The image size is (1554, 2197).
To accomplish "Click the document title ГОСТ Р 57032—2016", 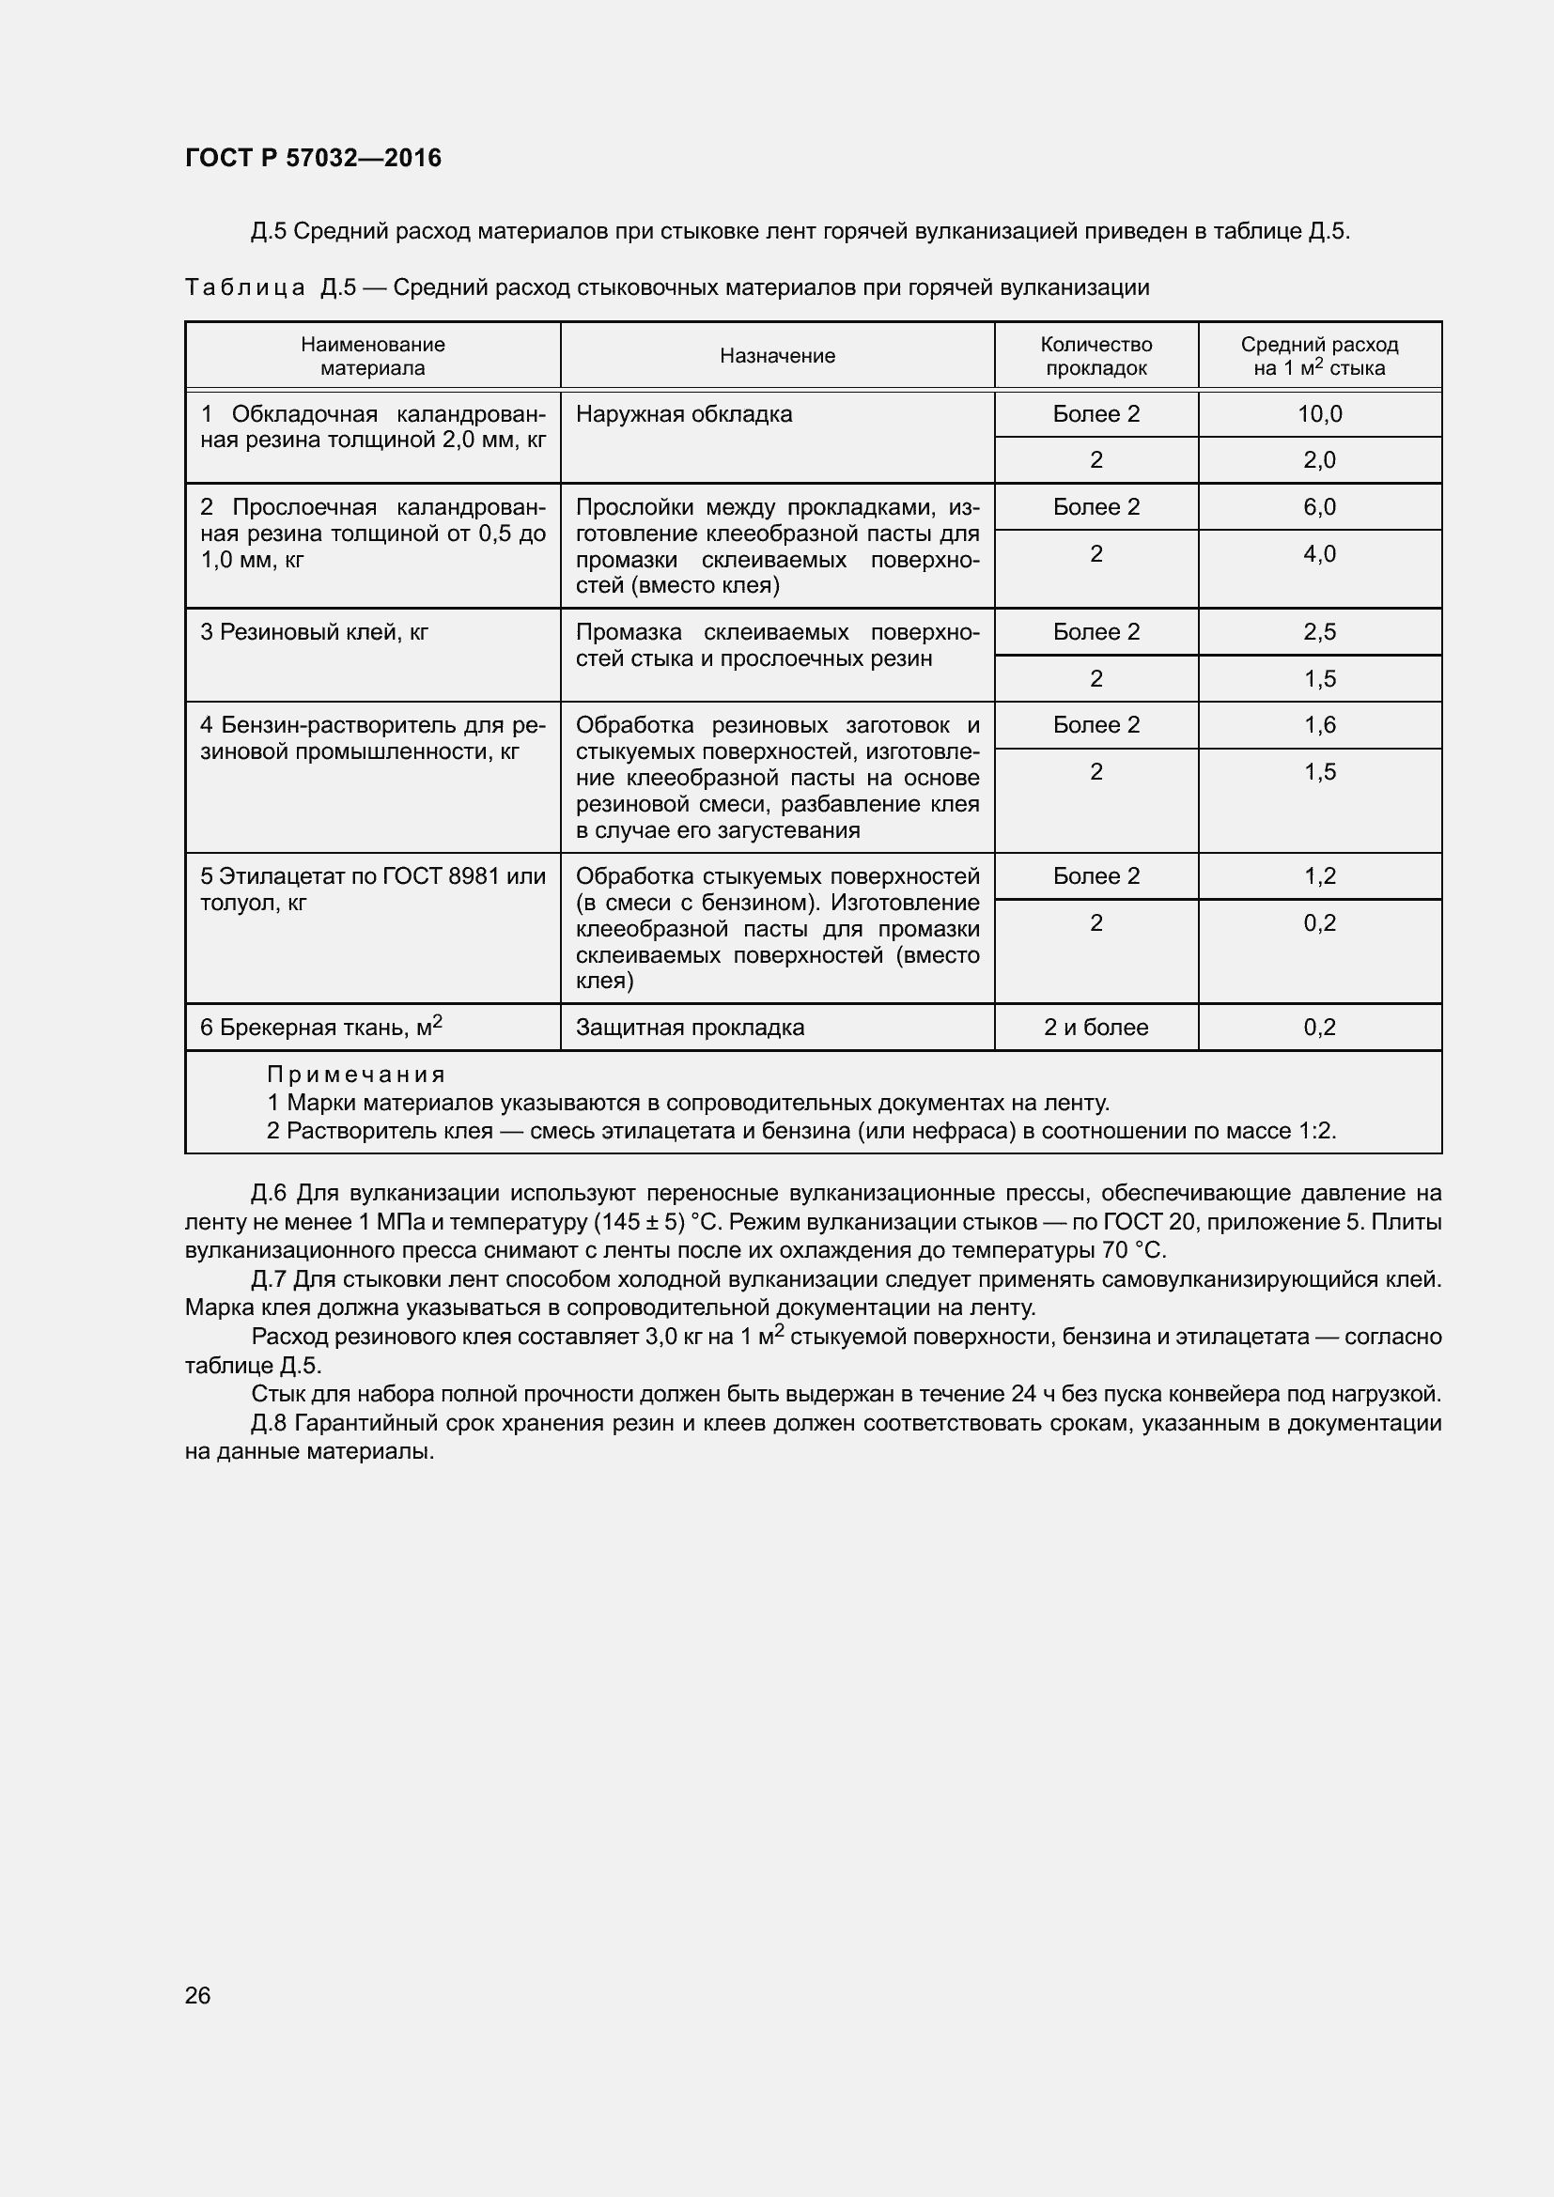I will pyautogui.click(x=313, y=158).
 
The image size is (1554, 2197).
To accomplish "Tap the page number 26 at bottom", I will pyautogui.click(x=197, y=1995).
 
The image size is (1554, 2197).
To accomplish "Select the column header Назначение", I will pyautogui.click(x=777, y=356).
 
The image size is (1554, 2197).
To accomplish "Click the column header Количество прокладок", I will pyautogui.click(x=1096, y=356).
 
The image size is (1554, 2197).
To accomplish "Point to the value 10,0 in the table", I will pyautogui.click(x=1318, y=414).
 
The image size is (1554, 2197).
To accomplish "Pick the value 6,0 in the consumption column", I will pyautogui.click(x=1318, y=507).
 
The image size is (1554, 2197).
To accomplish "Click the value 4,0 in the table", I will pyautogui.click(x=1318, y=554).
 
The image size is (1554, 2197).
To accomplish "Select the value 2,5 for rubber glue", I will pyautogui.click(x=1318, y=632).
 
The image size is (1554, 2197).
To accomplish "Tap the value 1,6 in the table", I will pyautogui.click(x=1318, y=725).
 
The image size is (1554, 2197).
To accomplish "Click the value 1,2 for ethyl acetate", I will pyautogui.click(x=1318, y=876).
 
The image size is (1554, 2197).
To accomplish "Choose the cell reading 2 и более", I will pyautogui.click(x=1096, y=1028).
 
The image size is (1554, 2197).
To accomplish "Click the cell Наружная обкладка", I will pyautogui.click(x=683, y=414).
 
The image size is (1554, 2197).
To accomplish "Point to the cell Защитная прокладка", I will pyautogui.click(x=689, y=1028).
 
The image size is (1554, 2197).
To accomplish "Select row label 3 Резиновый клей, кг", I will pyautogui.click(x=314, y=632).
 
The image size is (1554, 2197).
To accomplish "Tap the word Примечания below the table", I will pyautogui.click(x=356, y=1075).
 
